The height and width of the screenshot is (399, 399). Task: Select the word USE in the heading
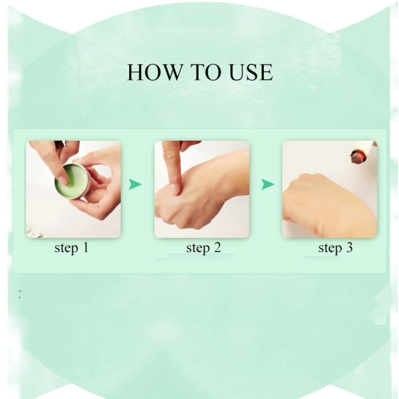(251, 72)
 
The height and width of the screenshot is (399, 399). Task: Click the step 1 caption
(71, 248)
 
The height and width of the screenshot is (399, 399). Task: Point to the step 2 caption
(203, 248)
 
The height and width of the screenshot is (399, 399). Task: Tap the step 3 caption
(335, 248)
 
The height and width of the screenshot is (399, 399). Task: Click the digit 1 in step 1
(85, 247)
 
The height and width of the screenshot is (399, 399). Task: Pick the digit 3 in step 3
(350, 247)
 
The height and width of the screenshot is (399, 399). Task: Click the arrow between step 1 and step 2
(135, 184)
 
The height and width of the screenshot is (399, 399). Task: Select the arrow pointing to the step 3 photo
(268, 184)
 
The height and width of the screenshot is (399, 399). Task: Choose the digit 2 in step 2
(217, 247)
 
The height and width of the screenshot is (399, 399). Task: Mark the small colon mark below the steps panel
(19, 294)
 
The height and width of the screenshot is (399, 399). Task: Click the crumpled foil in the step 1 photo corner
(35, 231)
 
